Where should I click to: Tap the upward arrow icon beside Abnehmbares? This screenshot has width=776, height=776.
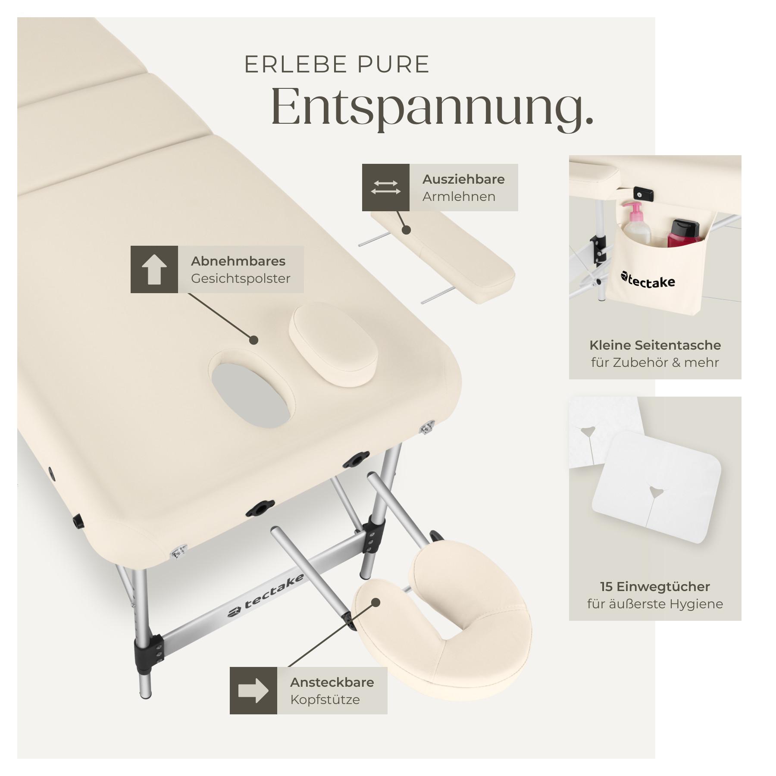(x=154, y=269)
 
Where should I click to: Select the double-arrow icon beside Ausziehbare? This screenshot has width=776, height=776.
(x=385, y=188)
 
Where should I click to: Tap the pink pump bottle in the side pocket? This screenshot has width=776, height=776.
(x=636, y=224)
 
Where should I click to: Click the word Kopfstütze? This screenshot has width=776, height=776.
(x=325, y=699)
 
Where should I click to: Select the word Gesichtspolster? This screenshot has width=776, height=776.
(x=241, y=278)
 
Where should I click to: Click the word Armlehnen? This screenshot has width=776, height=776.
(x=459, y=197)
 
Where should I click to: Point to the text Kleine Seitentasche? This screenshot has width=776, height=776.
(x=655, y=345)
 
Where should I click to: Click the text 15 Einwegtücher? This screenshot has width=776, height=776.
(x=655, y=586)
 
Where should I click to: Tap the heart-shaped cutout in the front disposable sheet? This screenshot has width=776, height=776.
(x=656, y=491)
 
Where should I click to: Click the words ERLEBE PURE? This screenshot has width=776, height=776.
(x=337, y=65)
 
